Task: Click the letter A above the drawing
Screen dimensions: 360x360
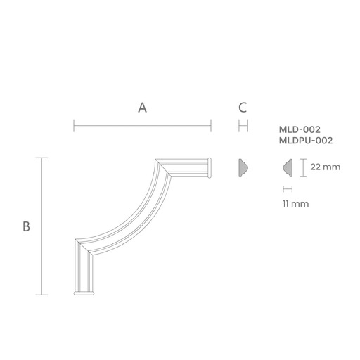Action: [142, 108]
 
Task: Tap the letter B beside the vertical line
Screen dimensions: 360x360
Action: [26, 226]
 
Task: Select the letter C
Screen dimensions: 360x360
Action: [243, 108]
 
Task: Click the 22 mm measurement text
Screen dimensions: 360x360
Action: [325, 167]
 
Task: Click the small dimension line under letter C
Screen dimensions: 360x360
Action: [243, 127]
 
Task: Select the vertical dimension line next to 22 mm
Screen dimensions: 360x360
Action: [302, 168]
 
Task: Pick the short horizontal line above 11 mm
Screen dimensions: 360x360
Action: [286, 188]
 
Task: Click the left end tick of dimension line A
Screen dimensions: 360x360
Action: [74, 127]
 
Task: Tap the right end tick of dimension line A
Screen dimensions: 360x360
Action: [211, 127]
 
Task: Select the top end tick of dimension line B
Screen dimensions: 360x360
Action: [43, 158]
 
